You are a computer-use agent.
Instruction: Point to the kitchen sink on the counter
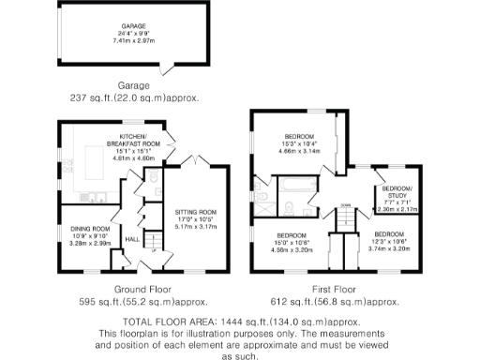click(x=97, y=197)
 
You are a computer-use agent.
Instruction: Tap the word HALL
click(x=132, y=239)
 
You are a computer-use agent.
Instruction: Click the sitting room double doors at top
click(x=192, y=161)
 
